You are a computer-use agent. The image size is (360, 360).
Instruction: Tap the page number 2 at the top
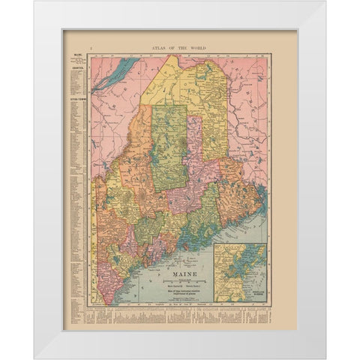pyautogui.click(x=90, y=47)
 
